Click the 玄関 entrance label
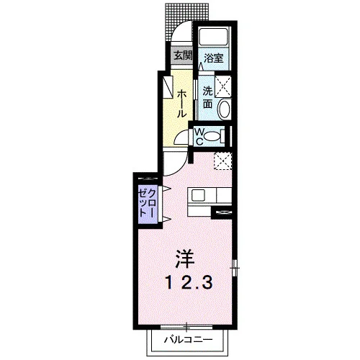coord(183,56)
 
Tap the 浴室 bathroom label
coord(214,58)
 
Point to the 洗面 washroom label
coord(207,97)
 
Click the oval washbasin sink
coord(225,109)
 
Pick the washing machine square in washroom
coord(222,86)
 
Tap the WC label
coord(199,137)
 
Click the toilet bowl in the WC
coord(212,137)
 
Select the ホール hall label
coord(181,104)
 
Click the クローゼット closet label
coord(148,203)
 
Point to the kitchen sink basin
coord(198,195)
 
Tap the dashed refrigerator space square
coord(222,161)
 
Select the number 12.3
coord(189,283)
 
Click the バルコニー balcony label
coord(189,340)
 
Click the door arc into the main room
coord(183,168)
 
